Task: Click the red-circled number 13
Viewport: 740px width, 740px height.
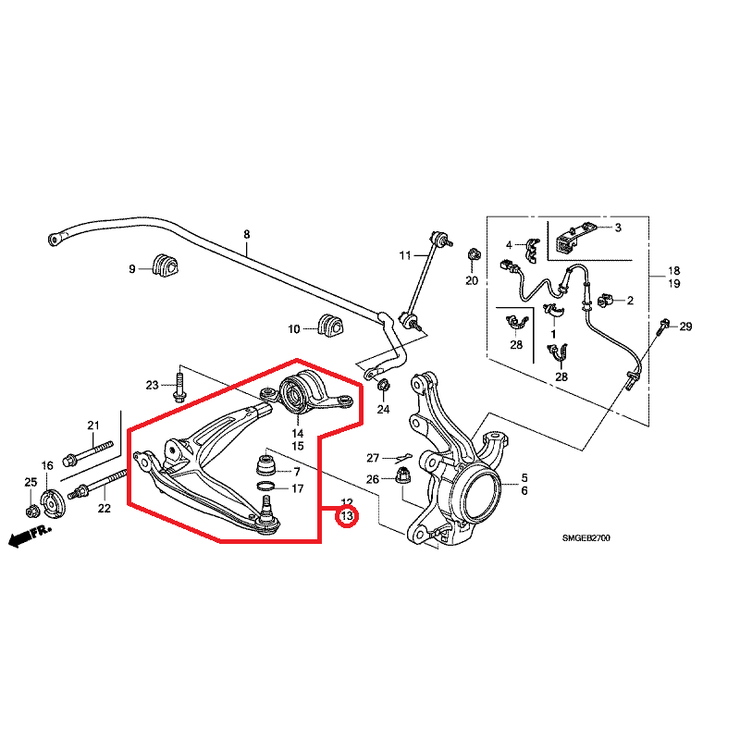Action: point(347,516)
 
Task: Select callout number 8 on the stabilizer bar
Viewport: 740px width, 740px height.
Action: point(246,235)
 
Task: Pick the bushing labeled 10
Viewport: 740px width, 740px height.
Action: point(329,327)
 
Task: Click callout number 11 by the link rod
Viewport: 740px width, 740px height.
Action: point(404,254)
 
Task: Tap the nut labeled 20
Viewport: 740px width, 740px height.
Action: point(473,254)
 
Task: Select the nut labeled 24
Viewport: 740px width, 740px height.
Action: point(384,387)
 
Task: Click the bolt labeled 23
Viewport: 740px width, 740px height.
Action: point(179,384)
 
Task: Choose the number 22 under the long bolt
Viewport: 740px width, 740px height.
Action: point(104,508)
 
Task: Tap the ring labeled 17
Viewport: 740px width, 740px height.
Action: point(265,487)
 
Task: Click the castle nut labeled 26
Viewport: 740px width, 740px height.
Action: point(403,476)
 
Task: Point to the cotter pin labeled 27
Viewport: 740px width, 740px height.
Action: point(400,457)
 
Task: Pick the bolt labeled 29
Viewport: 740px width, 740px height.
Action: point(663,327)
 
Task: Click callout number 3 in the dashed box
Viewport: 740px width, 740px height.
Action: point(617,228)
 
